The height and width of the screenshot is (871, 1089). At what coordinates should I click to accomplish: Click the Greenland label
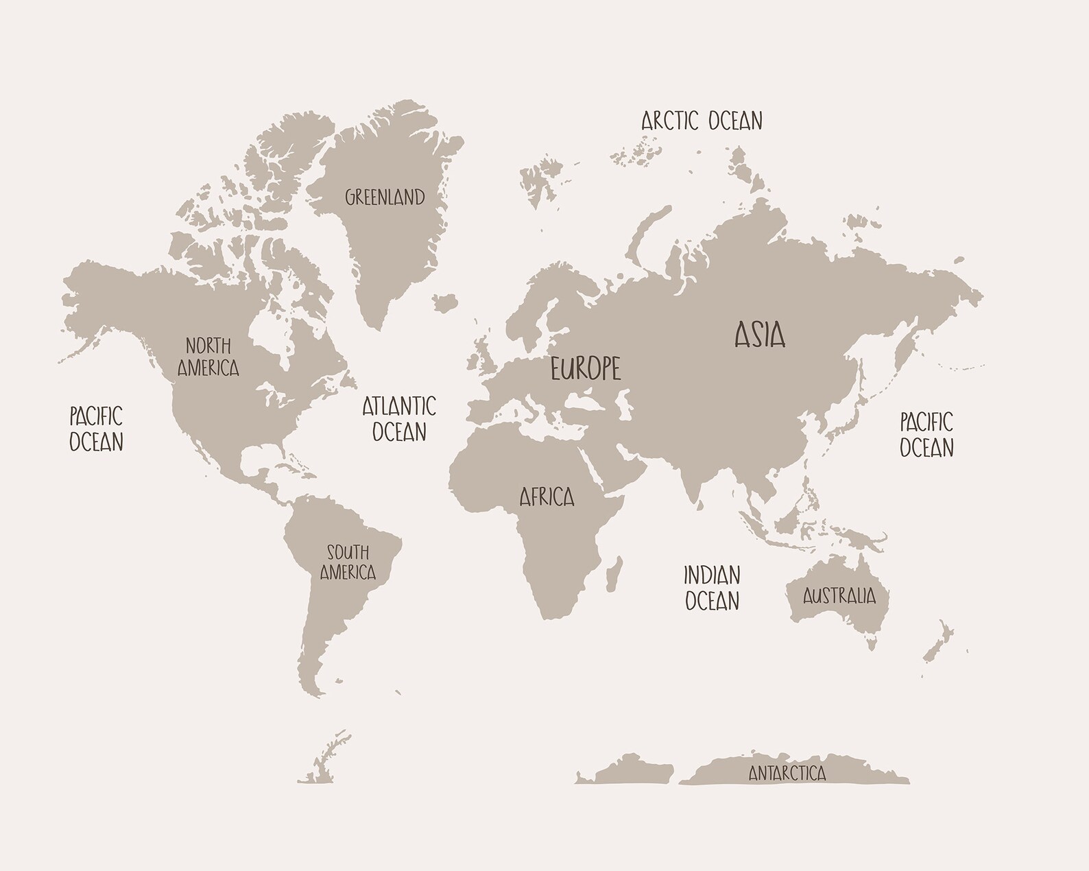tap(385, 198)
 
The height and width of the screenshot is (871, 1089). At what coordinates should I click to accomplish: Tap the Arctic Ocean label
tap(702, 121)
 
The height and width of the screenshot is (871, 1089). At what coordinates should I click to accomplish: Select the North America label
tap(208, 357)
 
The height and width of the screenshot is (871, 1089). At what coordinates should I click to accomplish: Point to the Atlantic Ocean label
tap(399, 418)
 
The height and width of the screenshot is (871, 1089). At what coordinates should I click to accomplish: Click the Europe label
tap(586, 369)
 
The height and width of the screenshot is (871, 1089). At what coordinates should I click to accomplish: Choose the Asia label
tap(760, 335)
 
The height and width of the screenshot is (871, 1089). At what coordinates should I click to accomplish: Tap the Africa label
tap(547, 497)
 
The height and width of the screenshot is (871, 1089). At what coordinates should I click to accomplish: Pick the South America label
tap(348, 562)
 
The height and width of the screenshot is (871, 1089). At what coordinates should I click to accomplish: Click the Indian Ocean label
tap(712, 588)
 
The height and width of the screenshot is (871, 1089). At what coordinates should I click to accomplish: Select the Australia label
tap(839, 595)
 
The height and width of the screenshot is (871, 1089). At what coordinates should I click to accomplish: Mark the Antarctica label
tap(787, 774)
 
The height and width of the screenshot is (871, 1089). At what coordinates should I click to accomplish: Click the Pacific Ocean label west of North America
tap(96, 429)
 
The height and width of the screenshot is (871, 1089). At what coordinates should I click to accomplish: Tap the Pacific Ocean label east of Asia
tap(926, 434)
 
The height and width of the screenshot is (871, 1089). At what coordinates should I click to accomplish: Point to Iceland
tap(446, 302)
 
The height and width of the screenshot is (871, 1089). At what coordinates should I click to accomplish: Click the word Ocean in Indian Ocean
tap(712, 601)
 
